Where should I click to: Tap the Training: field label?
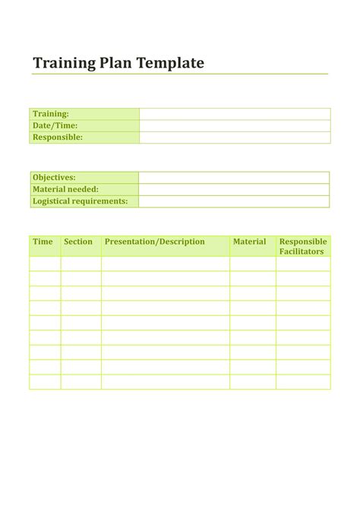click(51, 114)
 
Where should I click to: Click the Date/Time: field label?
click(55, 125)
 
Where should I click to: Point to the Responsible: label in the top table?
click(57, 138)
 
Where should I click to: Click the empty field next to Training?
click(235, 114)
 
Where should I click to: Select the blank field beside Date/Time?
click(235, 125)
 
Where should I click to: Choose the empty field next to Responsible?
click(235, 138)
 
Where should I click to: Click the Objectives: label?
click(54, 177)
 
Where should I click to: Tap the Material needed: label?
click(65, 189)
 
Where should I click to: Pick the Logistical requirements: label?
click(80, 201)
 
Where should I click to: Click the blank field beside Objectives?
click(234, 177)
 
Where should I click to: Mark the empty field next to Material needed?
click(234, 189)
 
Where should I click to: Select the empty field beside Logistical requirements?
click(234, 201)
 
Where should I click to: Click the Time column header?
click(43, 242)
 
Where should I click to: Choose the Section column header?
click(78, 242)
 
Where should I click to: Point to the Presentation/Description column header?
click(155, 242)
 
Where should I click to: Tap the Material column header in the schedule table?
click(250, 242)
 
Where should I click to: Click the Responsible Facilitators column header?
click(303, 246)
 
